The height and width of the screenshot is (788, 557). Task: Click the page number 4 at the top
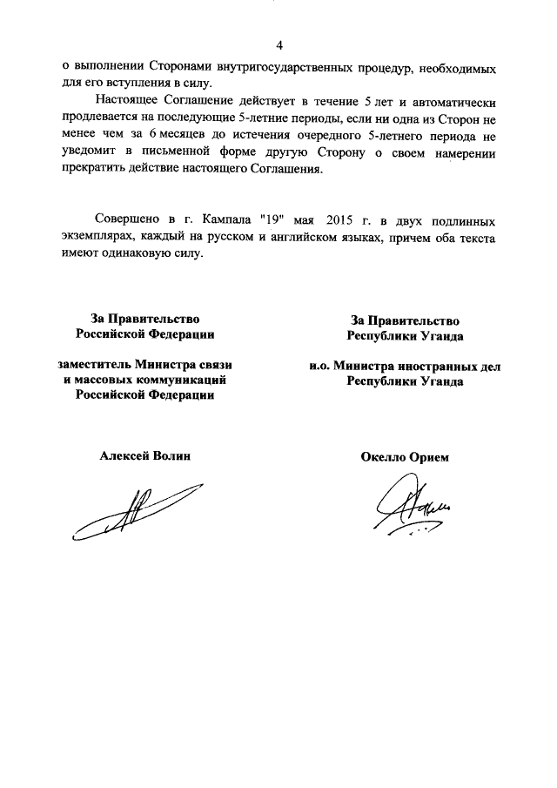pyautogui.click(x=279, y=45)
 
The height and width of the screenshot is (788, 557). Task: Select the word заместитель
pyautogui.click(x=93, y=366)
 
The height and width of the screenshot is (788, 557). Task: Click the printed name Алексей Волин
pyautogui.click(x=145, y=457)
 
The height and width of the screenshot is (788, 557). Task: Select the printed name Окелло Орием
pyautogui.click(x=404, y=457)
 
